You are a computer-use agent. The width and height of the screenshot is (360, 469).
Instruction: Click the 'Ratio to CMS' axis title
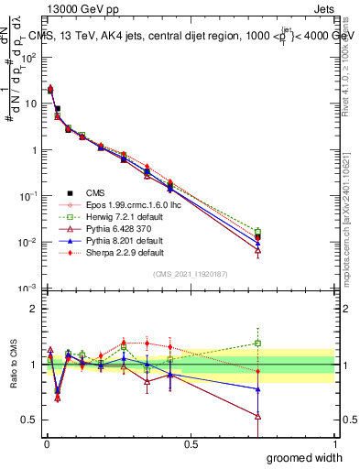click(x=13, y=365)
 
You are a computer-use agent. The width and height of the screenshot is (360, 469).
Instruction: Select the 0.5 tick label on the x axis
click(x=191, y=443)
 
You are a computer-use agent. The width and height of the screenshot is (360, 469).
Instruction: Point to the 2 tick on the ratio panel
click(x=33, y=309)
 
